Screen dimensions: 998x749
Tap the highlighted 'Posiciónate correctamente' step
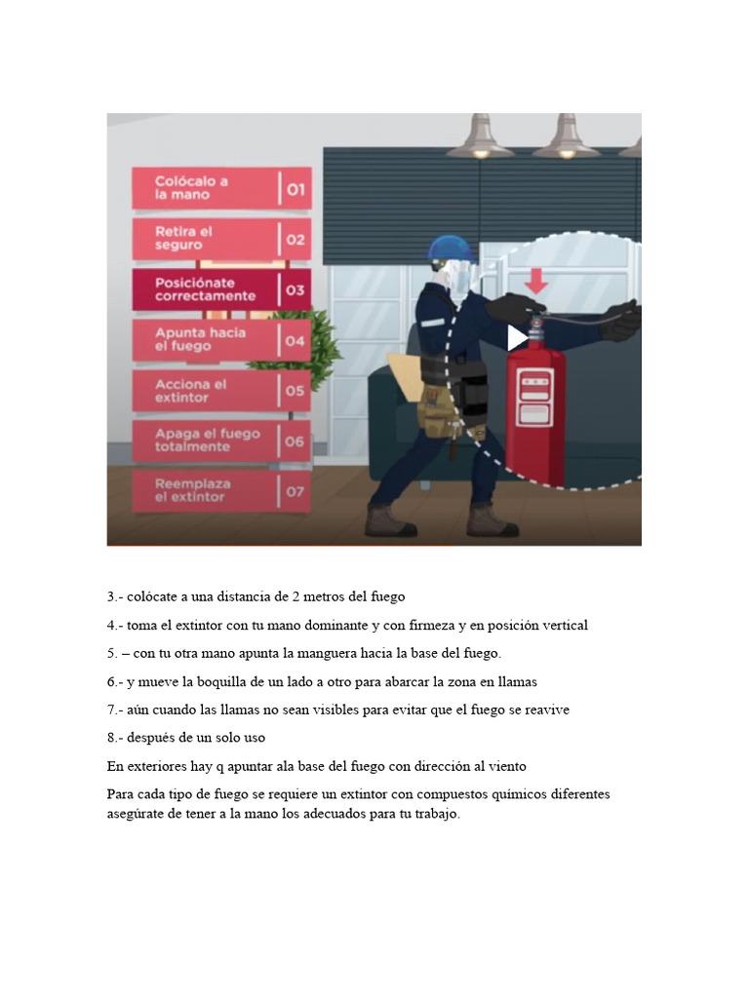(x=205, y=289)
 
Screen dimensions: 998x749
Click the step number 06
(x=295, y=441)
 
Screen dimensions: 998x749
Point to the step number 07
(x=295, y=492)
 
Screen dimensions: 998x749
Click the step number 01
(x=296, y=189)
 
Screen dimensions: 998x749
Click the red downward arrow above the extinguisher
(x=536, y=282)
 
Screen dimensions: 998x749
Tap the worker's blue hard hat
(x=450, y=249)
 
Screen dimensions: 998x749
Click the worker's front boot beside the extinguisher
(x=492, y=521)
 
